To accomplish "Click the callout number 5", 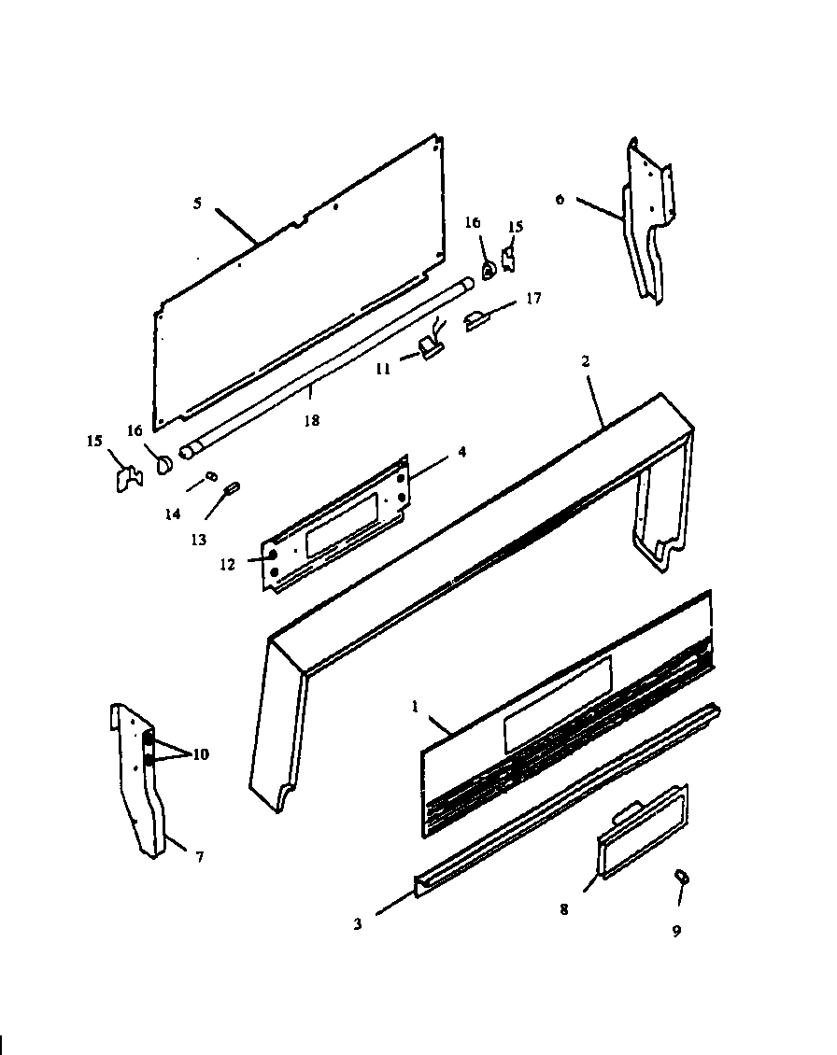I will tap(197, 204).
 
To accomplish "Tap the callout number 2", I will tap(586, 361).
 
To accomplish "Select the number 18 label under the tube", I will tap(311, 421).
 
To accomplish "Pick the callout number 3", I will tap(358, 924).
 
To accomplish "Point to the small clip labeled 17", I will tap(479, 320).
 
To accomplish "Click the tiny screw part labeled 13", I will tap(233, 486).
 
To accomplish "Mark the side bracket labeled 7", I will tap(140, 784).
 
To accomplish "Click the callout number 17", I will tap(533, 299).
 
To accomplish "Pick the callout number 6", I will tap(560, 199).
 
